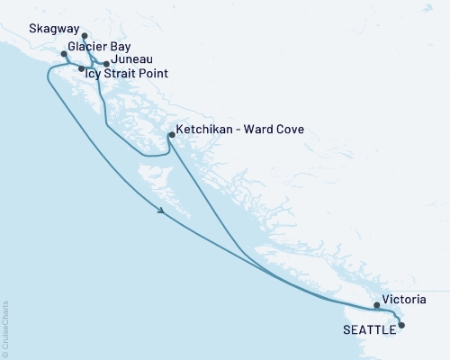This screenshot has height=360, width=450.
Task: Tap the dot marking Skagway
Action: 84,37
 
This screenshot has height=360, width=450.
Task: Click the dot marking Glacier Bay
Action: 63,54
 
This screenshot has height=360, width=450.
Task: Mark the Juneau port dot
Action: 106,64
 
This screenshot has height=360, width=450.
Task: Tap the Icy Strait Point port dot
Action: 82,68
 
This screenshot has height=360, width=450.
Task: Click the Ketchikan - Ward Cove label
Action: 240,130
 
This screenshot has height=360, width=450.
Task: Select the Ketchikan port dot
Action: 171,135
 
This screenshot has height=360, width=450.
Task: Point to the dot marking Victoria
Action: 376,305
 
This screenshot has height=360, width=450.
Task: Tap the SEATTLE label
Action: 369,329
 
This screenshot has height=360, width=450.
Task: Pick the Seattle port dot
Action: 401,325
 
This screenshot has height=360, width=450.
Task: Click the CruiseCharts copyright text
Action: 5,329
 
